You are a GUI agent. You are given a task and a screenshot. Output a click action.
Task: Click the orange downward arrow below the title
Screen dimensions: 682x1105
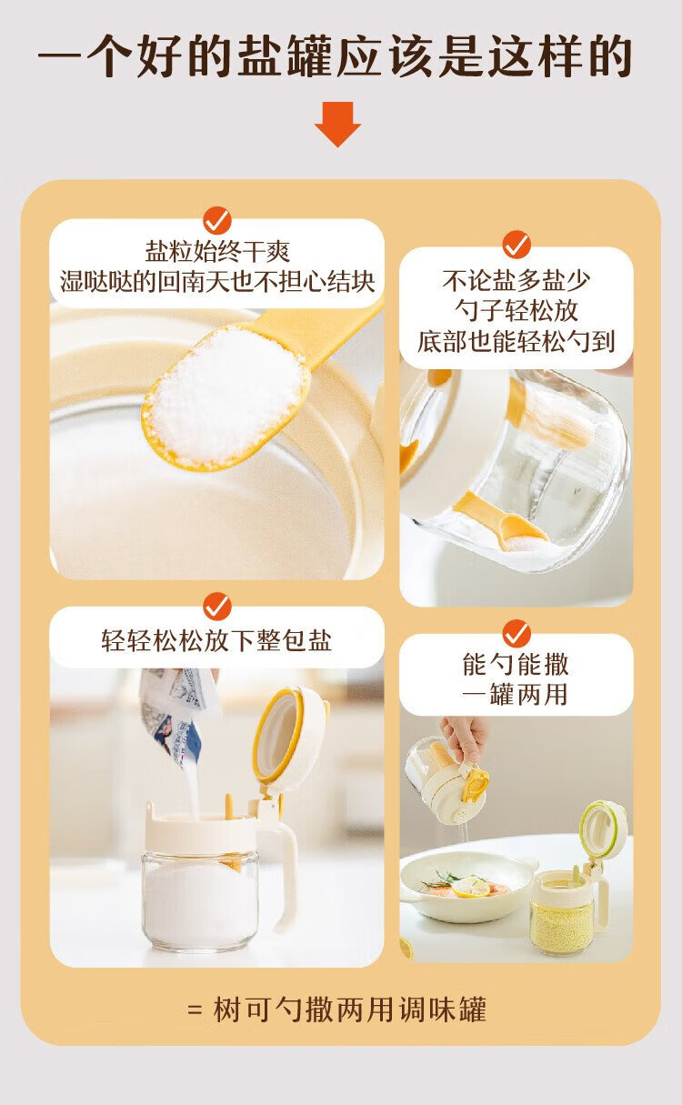pyautogui.click(x=337, y=124)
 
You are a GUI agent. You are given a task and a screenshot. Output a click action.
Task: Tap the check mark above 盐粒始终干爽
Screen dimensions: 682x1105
pyautogui.click(x=217, y=220)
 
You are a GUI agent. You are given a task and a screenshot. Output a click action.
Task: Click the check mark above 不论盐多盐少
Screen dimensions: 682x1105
pyautogui.click(x=517, y=244)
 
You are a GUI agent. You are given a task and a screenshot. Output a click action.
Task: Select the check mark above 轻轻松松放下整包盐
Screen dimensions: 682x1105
pyautogui.click(x=217, y=607)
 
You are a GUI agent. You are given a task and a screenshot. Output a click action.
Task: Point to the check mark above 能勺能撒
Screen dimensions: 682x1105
pyautogui.click(x=517, y=633)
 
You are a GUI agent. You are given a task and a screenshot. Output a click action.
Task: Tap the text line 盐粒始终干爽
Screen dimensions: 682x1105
pyautogui.click(x=217, y=252)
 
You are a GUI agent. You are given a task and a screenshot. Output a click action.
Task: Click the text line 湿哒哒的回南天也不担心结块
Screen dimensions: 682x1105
pyautogui.click(x=217, y=282)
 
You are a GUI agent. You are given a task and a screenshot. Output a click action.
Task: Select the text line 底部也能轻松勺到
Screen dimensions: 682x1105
pyautogui.click(x=516, y=341)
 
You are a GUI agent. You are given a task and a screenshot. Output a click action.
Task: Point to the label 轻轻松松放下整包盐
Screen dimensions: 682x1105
pyautogui.click(x=217, y=640)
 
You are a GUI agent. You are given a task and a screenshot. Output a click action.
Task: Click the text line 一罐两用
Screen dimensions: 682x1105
pyautogui.click(x=516, y=694)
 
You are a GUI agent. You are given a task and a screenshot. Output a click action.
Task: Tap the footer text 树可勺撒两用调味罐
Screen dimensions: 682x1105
pyautogui.click(x=349, y=1010)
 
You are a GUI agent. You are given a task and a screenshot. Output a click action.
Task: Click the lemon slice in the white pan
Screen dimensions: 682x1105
pyautogui.click(x=471, y=888)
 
